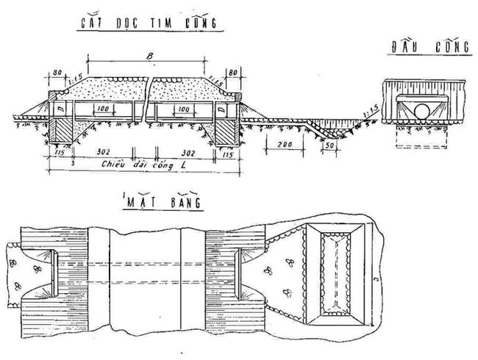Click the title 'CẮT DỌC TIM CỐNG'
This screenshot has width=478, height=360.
tap(147, 24)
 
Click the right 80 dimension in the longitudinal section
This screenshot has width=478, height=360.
tap(233, 73)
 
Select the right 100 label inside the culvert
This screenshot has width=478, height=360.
tap(182, 109)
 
